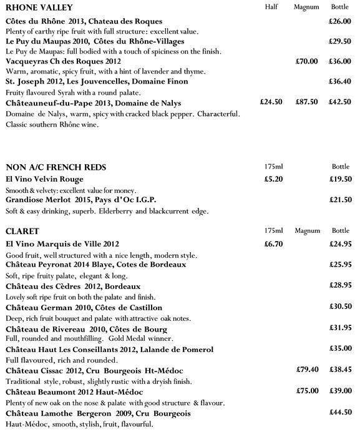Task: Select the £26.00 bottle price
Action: click(x=339, y=21)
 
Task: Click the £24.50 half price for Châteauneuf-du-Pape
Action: click(x=271, y=101)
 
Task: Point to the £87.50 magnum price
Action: click(x=306, y=101)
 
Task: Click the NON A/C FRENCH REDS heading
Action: click(x=56, y=167)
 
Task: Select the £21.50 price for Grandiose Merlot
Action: click(x=339, y=199)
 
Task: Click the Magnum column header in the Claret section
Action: click(x=306, y=231)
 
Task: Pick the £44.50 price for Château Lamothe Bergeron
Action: click(x=339, y=413)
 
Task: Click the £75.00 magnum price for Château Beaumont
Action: click(x=307, y=391)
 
